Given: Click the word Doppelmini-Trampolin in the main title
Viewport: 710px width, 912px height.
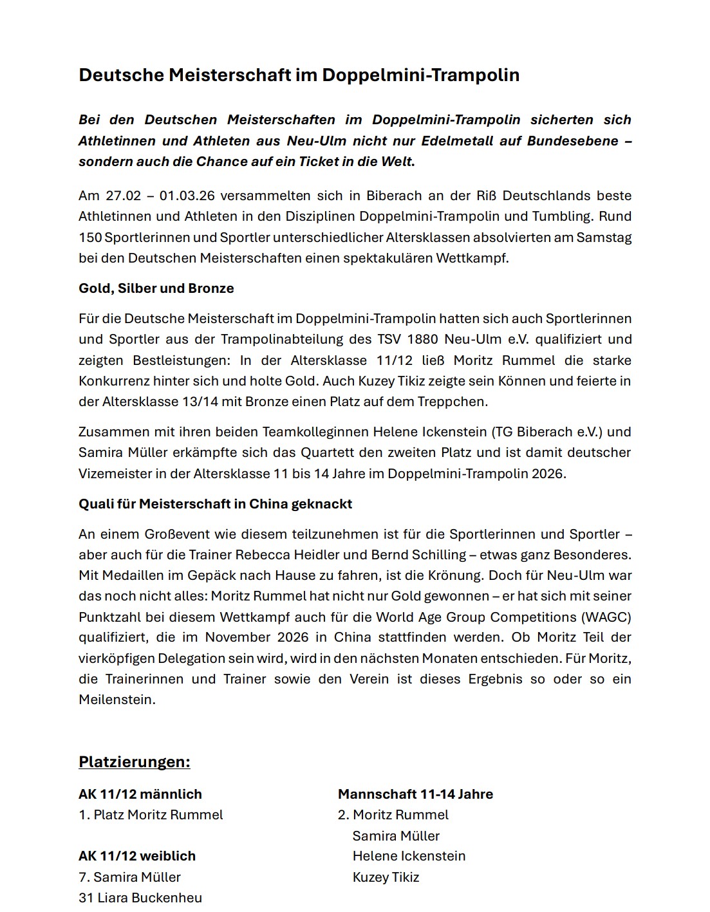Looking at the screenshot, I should pos(420,75).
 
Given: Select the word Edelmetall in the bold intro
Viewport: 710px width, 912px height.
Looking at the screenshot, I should pos(456,140).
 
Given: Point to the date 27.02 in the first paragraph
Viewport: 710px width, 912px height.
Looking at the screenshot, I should pos(123,196).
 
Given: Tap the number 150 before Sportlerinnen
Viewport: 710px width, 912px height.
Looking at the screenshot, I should pos(89,237).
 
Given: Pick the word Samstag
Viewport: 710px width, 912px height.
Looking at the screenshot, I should pos(604,237).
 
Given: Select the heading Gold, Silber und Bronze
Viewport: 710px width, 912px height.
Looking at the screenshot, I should pos(156,288).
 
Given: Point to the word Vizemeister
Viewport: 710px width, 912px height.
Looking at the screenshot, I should pos(113,474).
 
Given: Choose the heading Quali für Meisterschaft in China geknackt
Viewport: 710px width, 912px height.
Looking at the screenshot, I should pos(215,504).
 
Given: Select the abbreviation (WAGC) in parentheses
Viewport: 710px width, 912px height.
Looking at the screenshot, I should pos(606,617).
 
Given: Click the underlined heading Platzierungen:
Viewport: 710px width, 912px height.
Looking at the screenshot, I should pos(134,762).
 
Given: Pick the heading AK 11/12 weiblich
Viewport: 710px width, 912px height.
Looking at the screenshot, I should pos(136,856).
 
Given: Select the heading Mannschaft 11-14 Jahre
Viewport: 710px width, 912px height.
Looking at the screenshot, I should pos(415,794).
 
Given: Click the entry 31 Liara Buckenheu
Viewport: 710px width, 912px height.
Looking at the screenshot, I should pos(140,898).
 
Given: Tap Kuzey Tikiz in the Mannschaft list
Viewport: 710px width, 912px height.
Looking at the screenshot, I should pos(386,877).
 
